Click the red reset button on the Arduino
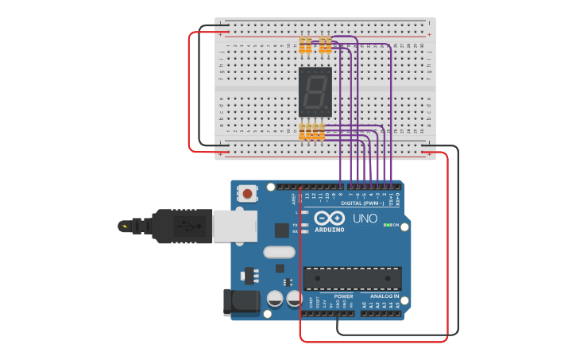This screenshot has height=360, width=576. (x=249, y=193)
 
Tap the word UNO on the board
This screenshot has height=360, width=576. (x=365, y=219)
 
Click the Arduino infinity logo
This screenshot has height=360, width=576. (x=330, y=219)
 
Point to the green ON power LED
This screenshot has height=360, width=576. (x=386, y=225)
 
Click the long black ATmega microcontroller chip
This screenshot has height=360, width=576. (x=352, y=278)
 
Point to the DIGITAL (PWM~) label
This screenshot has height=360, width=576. (x=362, y=203)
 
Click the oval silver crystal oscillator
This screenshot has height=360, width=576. (x=278, y=253)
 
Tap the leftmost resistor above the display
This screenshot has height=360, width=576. (x=304, y=45)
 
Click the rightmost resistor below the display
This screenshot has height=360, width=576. (x=321, y=131)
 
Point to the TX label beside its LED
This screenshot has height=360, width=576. (x=296, y=225)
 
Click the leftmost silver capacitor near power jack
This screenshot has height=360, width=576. (x=273, y=298)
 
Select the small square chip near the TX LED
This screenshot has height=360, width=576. (x=281, y=230)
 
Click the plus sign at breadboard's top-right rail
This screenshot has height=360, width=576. (x=429, y=35)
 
